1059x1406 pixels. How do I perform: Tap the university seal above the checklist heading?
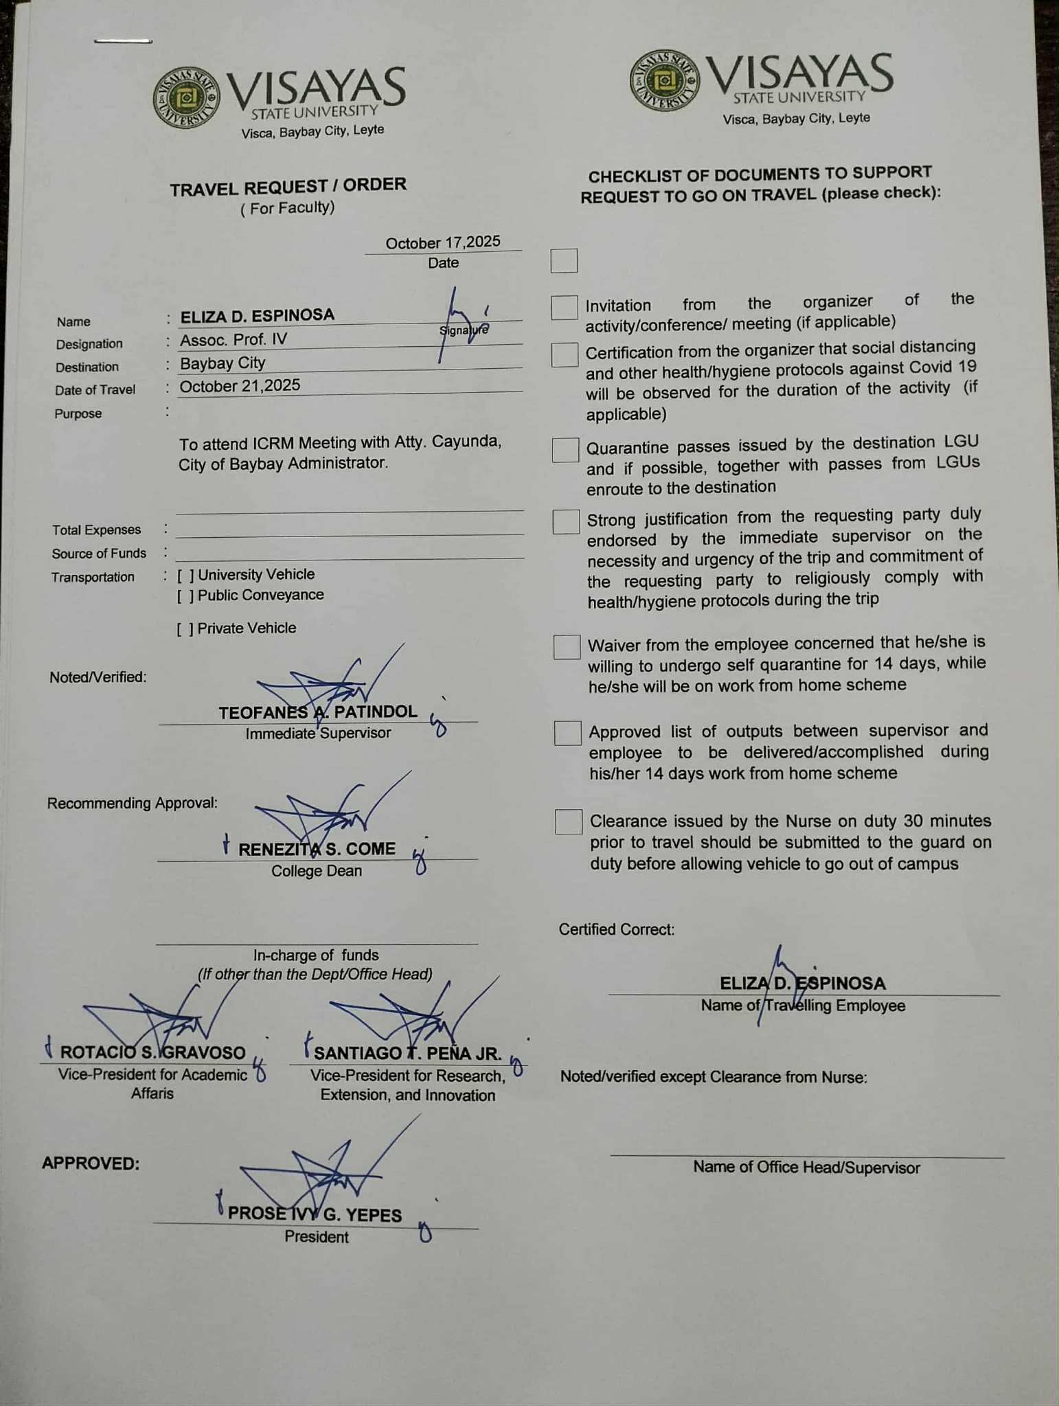tap(664, 81)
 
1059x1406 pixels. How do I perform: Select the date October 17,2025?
tap(443, 242)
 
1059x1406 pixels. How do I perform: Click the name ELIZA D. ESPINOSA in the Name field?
tap(258, 315)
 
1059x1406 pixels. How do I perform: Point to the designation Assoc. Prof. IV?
tap(234, 339)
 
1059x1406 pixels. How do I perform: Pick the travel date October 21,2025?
tap(240, 385)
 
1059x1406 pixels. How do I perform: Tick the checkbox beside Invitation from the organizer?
tap(564, 308)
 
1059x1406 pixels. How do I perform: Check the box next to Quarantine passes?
tap(565, 450)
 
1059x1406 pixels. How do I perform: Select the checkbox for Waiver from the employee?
tap(567, 647)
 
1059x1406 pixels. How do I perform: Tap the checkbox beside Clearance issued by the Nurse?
tap(568, 821)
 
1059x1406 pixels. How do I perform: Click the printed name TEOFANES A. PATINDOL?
tap(318, 712)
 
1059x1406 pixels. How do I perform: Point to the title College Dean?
tap(316, 871)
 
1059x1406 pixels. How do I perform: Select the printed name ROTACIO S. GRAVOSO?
tap(152, 1052)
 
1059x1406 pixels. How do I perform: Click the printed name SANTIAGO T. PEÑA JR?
tap(408, 1053)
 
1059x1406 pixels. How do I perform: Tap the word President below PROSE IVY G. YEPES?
tap(317, 1237)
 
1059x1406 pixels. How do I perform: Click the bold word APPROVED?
tap(91, 1164)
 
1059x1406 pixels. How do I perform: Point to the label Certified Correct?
tap(617, 929)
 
